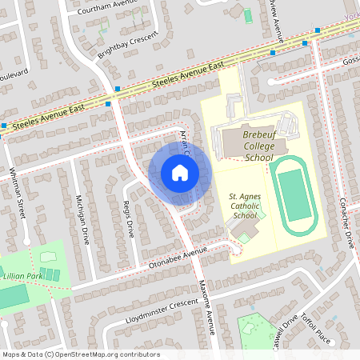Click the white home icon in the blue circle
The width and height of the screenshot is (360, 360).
pos(179,173)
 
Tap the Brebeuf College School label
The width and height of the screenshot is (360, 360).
pos(247,146)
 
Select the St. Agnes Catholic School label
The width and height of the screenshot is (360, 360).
pos(244,205)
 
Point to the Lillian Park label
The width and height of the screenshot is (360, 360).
pos(24,274)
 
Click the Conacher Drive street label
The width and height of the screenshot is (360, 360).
pos(346,223)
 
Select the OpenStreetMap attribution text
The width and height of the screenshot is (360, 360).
pos(80,354)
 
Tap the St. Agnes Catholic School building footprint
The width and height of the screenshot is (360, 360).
pos(244,230)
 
